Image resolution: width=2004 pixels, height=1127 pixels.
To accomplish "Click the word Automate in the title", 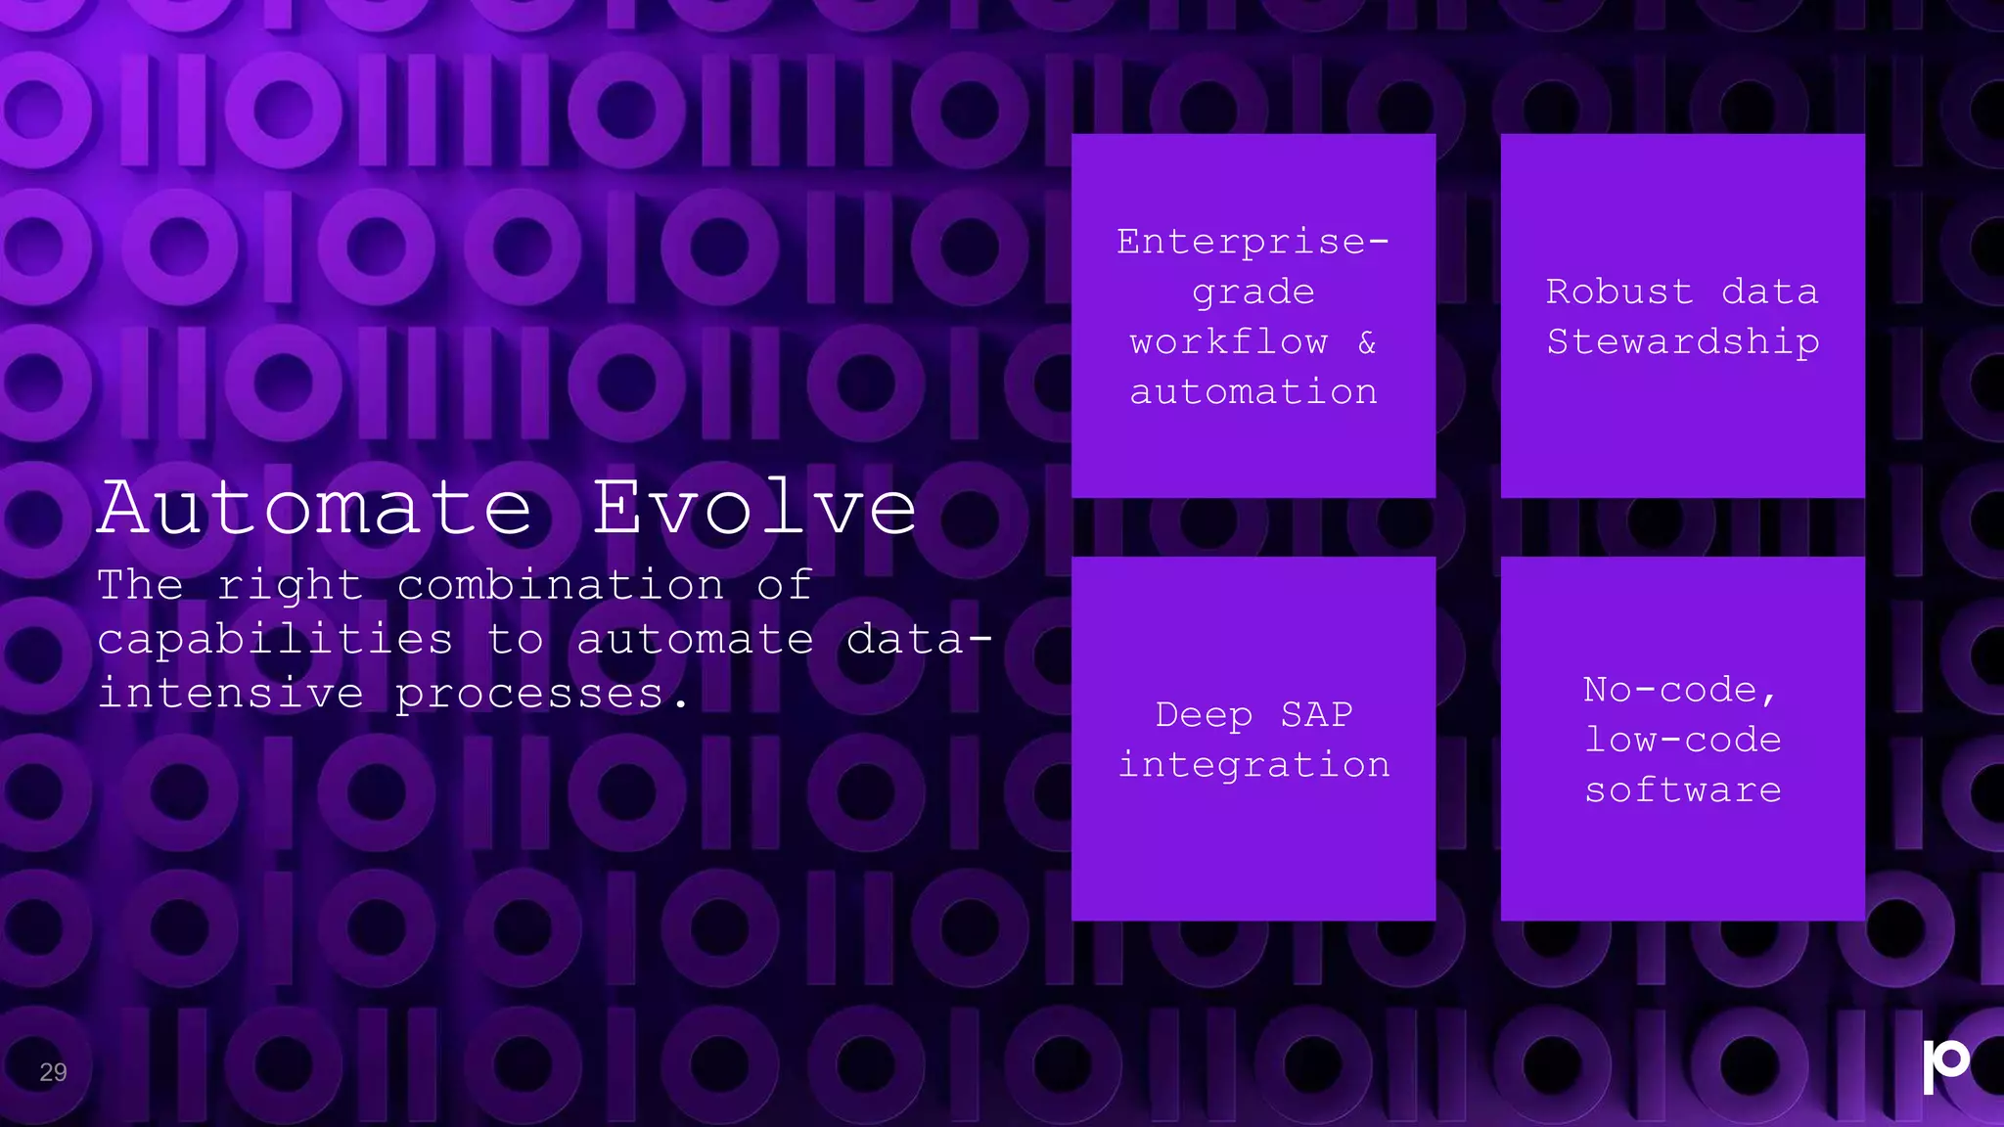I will [x=315, y=508].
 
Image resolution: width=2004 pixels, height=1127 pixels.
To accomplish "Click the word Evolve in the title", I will [x=754, y=508].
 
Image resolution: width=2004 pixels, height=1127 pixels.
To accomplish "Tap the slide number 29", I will [x=53, y=1072].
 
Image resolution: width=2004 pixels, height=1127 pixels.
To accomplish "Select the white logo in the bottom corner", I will [x=1944, y=1065].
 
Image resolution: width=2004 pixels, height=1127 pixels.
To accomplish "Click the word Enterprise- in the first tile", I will [x=1252, y=242].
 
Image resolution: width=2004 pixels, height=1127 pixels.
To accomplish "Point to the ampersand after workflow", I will [x=1367, y=342].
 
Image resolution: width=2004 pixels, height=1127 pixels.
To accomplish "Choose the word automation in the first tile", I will [x=1253, y=392].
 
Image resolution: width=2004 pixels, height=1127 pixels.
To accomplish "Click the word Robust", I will [x=1619, y=292].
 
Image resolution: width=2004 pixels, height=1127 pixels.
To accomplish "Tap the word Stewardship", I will [x=1683, y=341].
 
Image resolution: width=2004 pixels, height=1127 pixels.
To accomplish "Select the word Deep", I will [x=1204, y=715].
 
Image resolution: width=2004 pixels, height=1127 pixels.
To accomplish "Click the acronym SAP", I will [x=1317, y=715].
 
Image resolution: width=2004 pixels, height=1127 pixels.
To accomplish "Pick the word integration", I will [x=1253, y=765].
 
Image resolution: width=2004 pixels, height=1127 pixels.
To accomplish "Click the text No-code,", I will [x=1680, y=691].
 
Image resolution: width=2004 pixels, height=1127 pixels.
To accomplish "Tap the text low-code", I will [x=1683, y=741].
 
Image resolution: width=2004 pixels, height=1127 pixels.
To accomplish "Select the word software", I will [x=1683, y=790].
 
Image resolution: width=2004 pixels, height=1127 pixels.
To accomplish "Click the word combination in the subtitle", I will [x=561, y=585].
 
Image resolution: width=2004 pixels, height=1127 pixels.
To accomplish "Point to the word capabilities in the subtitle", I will [x=275, y=640].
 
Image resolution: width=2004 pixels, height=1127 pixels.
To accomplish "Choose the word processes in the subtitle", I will [x=529, y=695].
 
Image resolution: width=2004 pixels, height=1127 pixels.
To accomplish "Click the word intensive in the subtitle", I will [x=231, y=694].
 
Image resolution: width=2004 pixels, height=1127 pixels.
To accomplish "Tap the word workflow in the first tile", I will [x=1229, y=342].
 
